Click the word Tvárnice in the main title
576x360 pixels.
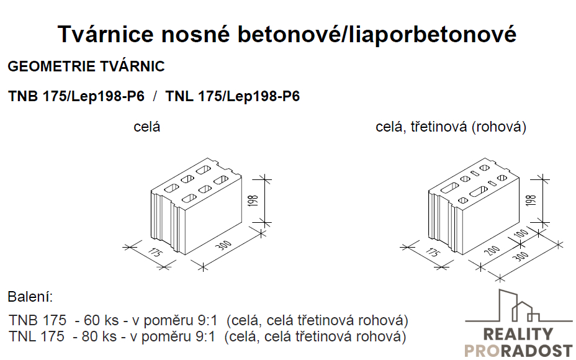106,34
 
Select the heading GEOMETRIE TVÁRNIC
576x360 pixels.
86,66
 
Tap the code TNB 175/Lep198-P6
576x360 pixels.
76,96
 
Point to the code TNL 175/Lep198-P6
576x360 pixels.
233,96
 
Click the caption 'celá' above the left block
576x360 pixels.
147,127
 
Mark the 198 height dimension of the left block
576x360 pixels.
253,200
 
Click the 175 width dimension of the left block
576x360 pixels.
155,253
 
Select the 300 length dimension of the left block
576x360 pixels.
223,245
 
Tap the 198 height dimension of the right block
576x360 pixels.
531,200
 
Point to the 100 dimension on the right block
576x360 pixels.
521,233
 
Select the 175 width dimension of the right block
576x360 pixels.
433,253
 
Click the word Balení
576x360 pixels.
30,297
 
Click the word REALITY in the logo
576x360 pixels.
518,335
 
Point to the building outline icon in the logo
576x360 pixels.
518,306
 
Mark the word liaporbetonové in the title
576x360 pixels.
433,34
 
